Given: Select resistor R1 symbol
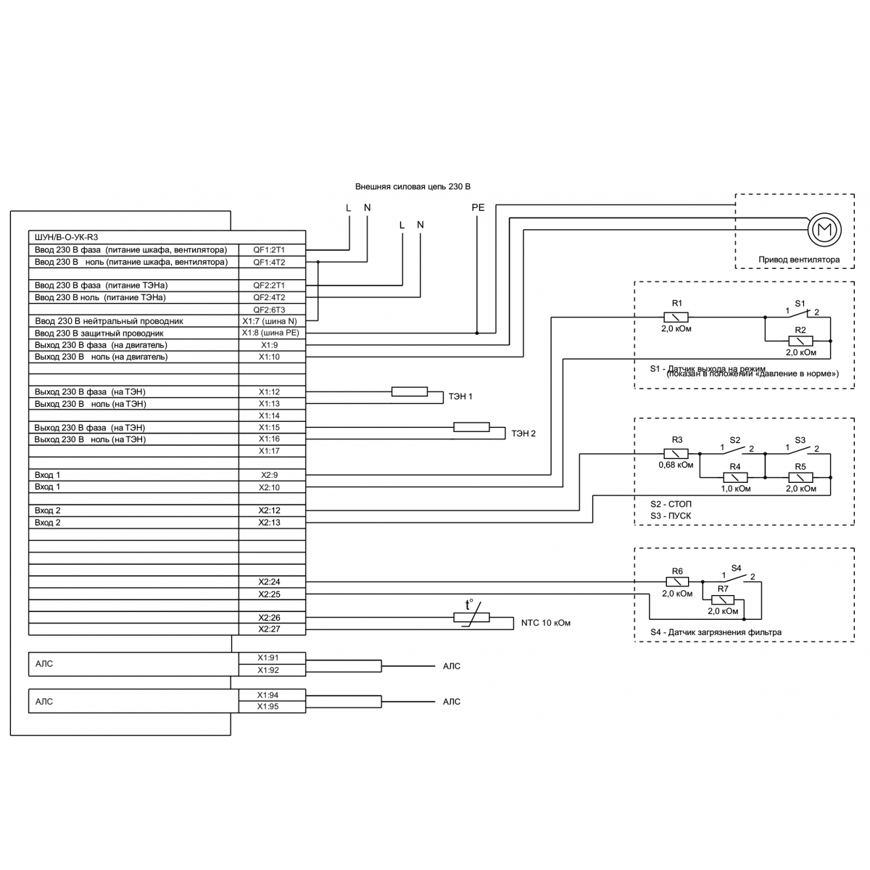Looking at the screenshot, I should [x=676, y=317].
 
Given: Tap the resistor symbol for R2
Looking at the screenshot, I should [x=800, y=340].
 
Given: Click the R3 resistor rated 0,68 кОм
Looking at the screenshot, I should [x=676, y=454].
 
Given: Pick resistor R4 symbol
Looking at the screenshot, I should [x=735, y=477].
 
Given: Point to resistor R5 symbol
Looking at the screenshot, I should [x=800, y=477].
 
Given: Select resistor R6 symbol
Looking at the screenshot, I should [x=677, y=581].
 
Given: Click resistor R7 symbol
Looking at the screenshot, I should [x=723, y=600].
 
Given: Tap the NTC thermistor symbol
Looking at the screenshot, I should [x=471, y=617].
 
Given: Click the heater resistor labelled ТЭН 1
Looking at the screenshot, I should [x=410, y=391].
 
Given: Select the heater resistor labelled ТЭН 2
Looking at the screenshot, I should [x=471, y=427].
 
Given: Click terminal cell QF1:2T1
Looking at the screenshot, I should [x=269, y=249].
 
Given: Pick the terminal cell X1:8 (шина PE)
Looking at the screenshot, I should [x=269, y=333].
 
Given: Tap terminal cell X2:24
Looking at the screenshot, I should [x=269, y=582].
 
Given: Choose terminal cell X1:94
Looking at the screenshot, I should [x=268, y=695].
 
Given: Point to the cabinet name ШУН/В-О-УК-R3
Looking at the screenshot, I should [x=66, y=237].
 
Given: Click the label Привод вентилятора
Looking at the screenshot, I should [x=799, y=260].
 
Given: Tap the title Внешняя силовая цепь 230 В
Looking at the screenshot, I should [x=413, y=186].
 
